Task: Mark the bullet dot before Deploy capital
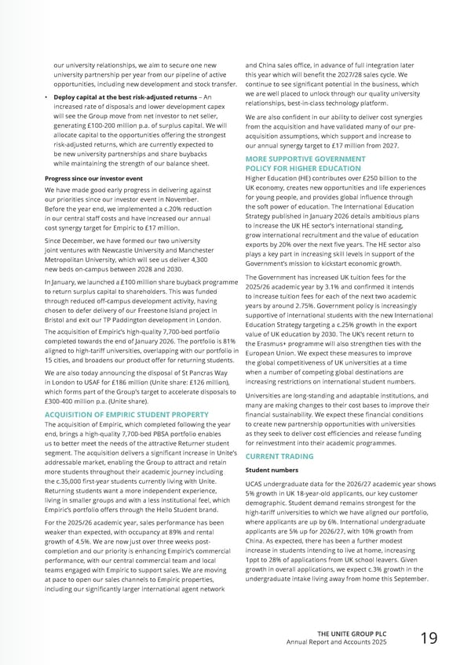click(46, 96)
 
